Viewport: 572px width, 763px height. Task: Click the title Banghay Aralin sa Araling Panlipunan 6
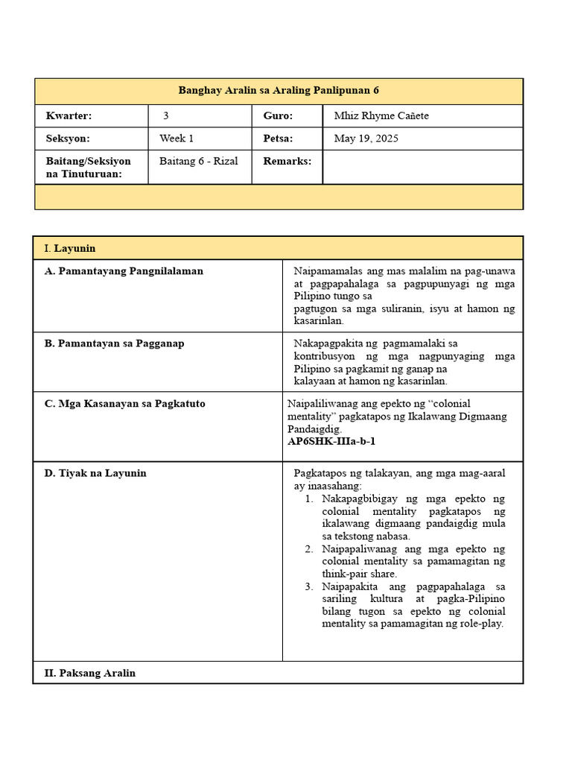279,91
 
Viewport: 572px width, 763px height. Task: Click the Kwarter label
69,115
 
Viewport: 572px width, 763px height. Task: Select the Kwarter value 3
166,115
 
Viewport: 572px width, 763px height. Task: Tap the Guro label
278,115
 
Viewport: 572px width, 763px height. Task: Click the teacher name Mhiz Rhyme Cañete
381,115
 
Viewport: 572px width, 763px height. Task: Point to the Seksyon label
68,139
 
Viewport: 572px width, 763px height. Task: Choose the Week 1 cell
177,139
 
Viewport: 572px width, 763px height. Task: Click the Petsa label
278,139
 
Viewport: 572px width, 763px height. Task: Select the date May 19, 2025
366,139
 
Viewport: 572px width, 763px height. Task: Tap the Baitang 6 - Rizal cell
199,161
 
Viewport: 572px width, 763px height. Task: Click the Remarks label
287,161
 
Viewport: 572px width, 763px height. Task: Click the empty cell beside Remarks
422,167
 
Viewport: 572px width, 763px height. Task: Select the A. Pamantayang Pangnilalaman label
124,271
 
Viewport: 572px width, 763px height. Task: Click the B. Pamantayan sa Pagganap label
115,343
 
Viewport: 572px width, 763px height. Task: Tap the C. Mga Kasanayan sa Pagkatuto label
125,404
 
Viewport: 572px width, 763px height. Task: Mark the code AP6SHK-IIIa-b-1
331,441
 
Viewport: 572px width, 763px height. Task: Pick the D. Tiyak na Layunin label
95,473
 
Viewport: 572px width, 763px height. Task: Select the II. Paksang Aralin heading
90,673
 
